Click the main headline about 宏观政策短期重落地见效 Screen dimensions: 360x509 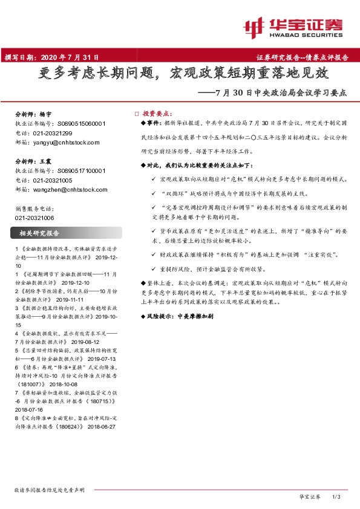pyautogui.click(x=179, y=74)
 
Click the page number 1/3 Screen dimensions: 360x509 pyautogui.click(x=337, y=496)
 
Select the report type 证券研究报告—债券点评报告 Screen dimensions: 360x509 pyautogui.click(x=302, y=59)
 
